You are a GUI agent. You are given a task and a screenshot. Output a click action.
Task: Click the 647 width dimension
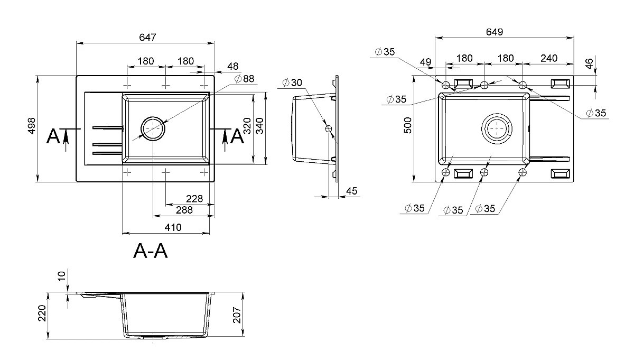pos(147,37)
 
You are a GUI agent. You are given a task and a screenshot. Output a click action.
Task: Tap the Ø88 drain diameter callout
pos(245,78)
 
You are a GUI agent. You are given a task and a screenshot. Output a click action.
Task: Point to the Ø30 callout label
pos(292,82)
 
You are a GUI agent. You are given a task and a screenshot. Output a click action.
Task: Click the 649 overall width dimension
pos(495,32)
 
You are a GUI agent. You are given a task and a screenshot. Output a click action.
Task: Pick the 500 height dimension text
pos(408,125)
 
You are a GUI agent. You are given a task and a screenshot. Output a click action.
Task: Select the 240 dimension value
pos(549,58)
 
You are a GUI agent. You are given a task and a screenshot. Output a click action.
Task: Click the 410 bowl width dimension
pos(173,227)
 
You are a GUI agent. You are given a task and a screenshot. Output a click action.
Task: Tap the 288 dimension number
pos(184,210)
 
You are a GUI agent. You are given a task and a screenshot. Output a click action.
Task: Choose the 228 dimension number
pos(194,199)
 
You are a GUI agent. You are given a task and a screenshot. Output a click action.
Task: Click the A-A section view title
pos(150,251)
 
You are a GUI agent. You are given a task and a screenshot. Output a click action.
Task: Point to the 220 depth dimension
pos(42,313)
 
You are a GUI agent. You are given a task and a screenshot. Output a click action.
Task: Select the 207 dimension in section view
pos(237,315)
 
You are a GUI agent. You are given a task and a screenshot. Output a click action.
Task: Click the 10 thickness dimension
pos(61,276)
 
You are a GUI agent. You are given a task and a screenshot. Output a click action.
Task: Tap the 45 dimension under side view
pos(351,191)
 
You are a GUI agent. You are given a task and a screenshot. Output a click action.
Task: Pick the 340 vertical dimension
pos(259,126)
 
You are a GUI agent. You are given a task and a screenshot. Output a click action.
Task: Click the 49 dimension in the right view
pos(425,62)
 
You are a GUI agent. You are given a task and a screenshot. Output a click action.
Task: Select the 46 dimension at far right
pos(589,63)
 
